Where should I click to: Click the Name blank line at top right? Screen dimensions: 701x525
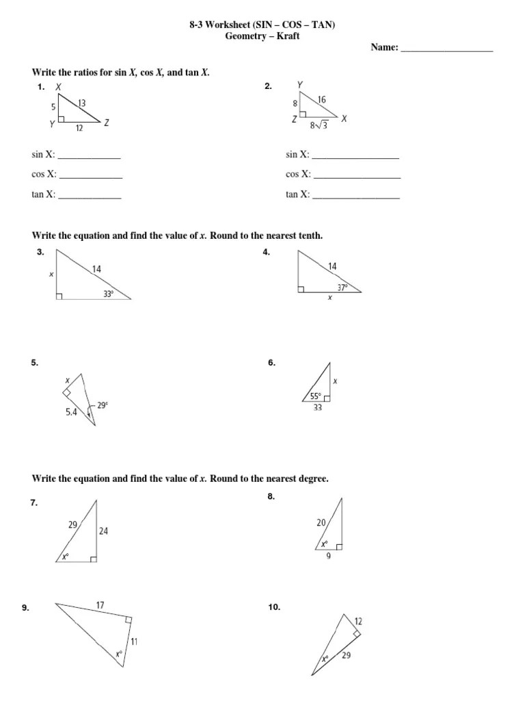[446, 49]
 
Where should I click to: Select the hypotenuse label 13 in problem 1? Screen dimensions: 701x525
[82, 103]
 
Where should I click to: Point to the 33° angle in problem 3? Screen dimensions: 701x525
[107, 293]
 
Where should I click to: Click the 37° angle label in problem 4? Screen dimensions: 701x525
[342, 287]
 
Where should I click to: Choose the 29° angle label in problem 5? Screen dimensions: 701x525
[103, 405]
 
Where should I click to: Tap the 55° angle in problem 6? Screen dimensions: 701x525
[315, 396]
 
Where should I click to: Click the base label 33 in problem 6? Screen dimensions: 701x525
[317, 408]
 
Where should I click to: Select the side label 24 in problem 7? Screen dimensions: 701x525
[103, 530]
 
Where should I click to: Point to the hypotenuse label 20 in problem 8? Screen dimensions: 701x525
[321, 522]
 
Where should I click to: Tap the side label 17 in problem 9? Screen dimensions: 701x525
[100, 604]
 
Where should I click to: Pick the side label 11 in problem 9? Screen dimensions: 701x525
[135, 641]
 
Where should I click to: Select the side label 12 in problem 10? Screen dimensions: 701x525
[358, 621]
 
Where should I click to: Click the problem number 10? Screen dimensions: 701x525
[274, 607]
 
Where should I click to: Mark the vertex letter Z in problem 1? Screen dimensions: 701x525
[107, 123]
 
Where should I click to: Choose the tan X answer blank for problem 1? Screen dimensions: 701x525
[90, 198]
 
